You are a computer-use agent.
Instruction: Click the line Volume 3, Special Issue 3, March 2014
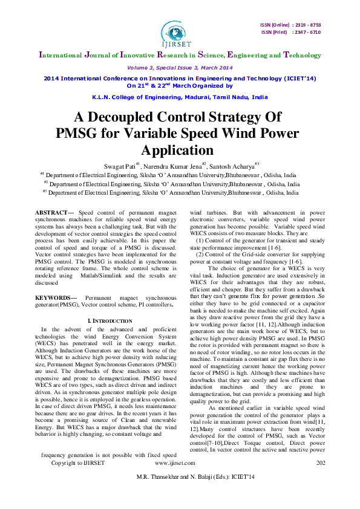pyautogui.click(x=180, y=68)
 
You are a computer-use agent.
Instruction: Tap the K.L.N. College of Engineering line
pyautogui.click(x=180, y=97)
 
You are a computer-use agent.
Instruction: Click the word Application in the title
pyautogui.click(x=180, y=149)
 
